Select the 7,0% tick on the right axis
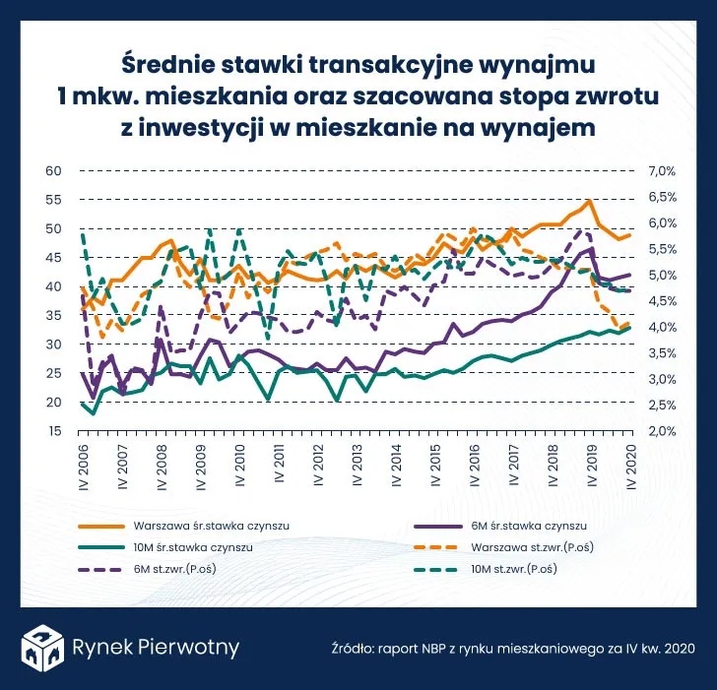[x=660, y=170]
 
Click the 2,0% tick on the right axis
[x=660, y=431]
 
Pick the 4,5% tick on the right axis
[x=660, y=301]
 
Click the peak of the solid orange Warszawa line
[x=588, y=201]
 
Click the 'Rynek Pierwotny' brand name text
[x=156, y=647]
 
